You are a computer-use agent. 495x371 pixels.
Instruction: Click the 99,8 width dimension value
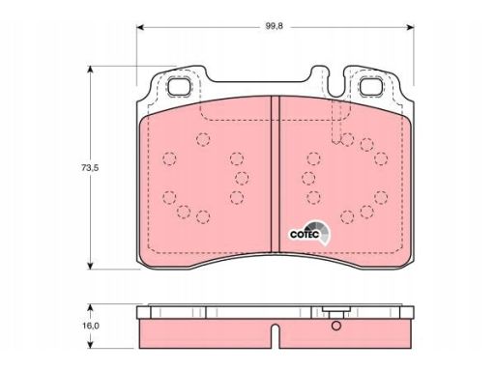tap(274, 26)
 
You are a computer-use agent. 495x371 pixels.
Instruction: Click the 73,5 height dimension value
tap(90, 168)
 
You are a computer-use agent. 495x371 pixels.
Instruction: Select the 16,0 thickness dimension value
tap(90, 326)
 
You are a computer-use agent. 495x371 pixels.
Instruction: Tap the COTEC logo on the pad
tap(309, 233)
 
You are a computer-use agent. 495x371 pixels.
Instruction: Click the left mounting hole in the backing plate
tap(179, 86)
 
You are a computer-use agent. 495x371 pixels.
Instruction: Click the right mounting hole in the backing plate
tap(371, 86)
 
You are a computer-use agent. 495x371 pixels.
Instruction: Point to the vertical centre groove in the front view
tap(275, 174)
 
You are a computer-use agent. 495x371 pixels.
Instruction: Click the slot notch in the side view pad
tap(275, 335)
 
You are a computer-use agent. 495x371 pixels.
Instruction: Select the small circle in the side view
tap(336, 326)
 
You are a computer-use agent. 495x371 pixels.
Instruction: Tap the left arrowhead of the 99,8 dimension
tap(139, 27)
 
